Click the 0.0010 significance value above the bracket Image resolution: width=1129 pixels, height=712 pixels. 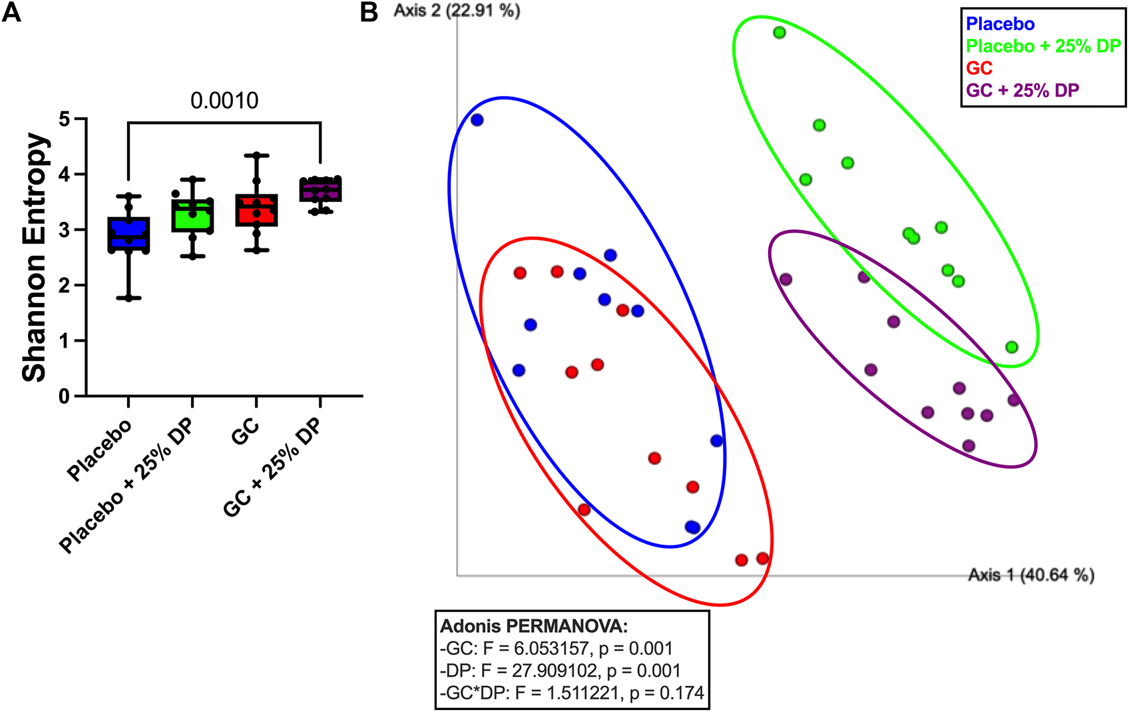point(224,101)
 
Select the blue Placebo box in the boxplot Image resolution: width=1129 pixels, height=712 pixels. point(128,234)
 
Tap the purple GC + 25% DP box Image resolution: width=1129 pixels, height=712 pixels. point(320,190)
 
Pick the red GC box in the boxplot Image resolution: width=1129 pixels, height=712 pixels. point(257,210)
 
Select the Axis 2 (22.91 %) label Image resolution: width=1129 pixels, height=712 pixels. point(457,11)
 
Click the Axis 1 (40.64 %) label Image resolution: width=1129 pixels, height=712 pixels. point(1030,574)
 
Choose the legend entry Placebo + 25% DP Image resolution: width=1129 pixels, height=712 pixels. point(1043,46)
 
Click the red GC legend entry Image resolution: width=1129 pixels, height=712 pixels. point(979,68)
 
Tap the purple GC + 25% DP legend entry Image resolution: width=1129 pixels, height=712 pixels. point(1022,90)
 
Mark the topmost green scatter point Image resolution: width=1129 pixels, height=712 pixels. point(780,33)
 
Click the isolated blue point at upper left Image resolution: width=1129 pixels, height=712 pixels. point(477,120)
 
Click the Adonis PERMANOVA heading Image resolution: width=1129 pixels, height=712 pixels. point(534,626)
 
